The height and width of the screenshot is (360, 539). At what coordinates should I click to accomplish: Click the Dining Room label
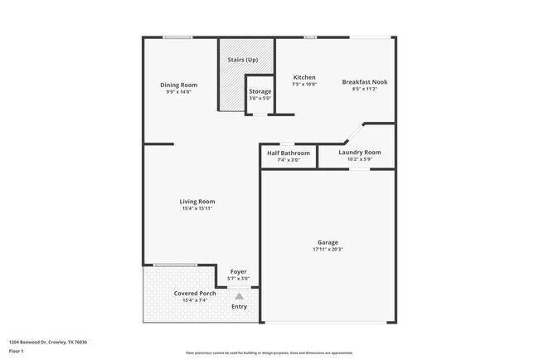point(178,85)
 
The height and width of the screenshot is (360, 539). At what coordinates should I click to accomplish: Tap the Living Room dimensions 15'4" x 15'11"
point(198,208)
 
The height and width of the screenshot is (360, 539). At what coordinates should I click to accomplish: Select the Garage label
point(328,242)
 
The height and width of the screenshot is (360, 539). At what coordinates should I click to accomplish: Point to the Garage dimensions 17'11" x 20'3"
point(328,249)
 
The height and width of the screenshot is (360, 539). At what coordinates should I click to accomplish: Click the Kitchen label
point(304,77)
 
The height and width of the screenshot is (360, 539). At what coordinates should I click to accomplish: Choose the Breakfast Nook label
point(365,82)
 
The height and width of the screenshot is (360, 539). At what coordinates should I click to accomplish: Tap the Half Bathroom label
point(289,153)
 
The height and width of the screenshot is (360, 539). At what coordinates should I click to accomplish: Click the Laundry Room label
point(361,153)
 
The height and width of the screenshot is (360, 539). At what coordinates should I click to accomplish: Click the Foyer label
point(239,272)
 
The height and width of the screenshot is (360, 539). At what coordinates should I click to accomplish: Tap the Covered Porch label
point(195,294)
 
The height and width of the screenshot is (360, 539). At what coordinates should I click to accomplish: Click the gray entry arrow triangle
point(239,295)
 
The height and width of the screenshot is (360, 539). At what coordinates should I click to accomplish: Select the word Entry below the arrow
point(239,307)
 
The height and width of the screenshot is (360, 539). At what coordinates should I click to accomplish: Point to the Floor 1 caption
point(17,351)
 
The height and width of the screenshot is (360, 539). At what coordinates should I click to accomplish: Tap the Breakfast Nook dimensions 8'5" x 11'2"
point(365,89)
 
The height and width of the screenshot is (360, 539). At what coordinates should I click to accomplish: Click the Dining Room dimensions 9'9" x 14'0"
point(178,92)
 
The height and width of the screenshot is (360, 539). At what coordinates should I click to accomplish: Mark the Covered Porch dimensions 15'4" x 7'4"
point(195,301)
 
